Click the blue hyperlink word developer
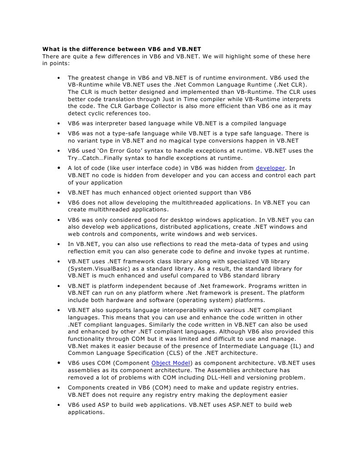(270, 168)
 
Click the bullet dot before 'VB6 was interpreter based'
(59, 123)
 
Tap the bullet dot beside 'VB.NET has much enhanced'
(59, 193)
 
